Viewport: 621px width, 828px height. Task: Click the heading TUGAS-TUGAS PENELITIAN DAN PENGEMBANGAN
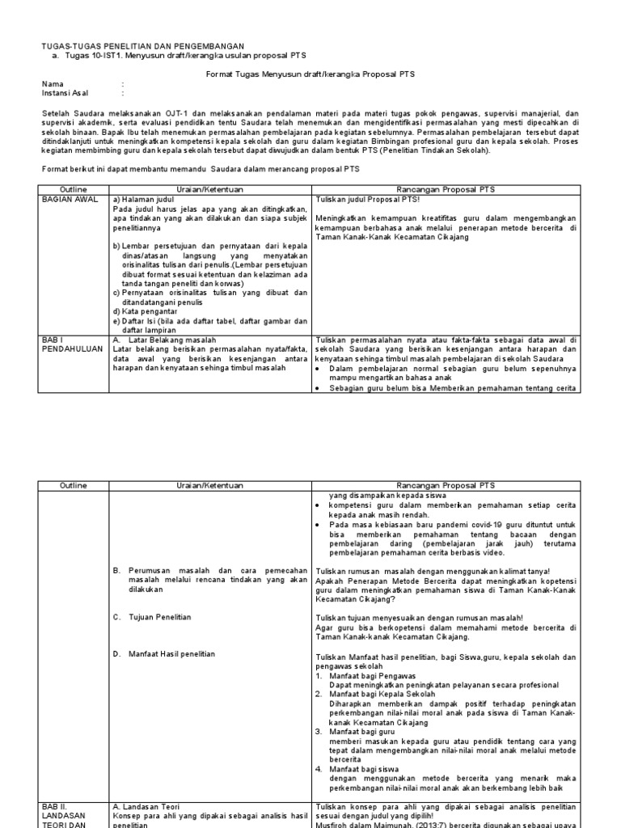(142, 45)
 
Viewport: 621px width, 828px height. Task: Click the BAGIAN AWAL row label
(69, 198)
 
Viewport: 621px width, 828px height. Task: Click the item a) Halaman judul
(146, 198)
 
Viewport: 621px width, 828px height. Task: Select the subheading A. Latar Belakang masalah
(166, 340)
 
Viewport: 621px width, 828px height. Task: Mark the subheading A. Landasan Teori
(146, 806)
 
